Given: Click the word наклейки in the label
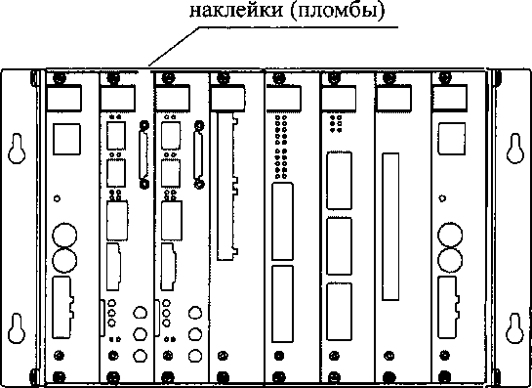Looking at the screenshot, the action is click(x=236, y=11).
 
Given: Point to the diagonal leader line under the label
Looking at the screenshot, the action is click(x=174, y=46).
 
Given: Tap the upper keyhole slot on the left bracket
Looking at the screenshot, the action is click(x=17, y=149).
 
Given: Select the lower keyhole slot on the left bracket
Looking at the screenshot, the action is click(x=17, y=328).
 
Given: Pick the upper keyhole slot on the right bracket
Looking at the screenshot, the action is click(x=515, y=149).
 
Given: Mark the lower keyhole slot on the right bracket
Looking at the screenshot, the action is click(x=515, y=328).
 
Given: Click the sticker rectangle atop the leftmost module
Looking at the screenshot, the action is click(x=63, y=98).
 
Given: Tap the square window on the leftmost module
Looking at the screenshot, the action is click(x=66, y=140).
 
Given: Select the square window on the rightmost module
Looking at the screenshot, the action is click(x=452, y=139).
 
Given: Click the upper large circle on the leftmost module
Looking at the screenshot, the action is click(x=64, y=236).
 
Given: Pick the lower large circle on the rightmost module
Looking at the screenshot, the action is click(x=450, y=260).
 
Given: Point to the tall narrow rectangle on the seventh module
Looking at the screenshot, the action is click(x=390, y=227).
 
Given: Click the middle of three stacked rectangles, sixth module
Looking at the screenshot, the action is click(x=339, y=245).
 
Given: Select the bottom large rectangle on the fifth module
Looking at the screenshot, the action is click(x=282, y=303).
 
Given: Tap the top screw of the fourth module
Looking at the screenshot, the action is click(x=223, y=78).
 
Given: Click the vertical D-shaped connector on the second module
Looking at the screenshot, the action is click(x=143, y=154).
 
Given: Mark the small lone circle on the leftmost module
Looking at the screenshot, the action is click(x=58, y=198).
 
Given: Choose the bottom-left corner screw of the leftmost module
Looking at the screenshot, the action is click(x=59, y=377).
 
